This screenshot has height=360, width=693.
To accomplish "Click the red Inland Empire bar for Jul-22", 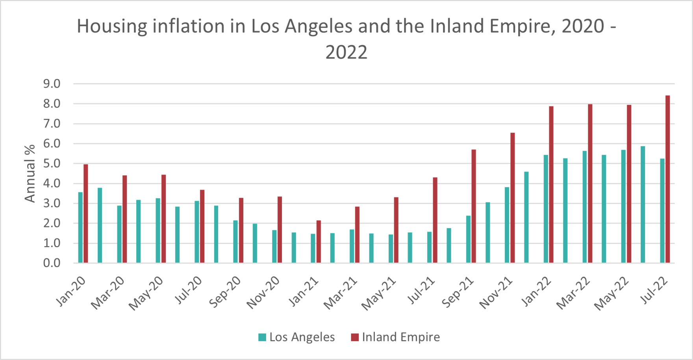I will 667,179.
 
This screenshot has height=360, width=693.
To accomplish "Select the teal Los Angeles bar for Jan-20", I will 80,227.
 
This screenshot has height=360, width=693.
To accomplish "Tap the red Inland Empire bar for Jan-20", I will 86,213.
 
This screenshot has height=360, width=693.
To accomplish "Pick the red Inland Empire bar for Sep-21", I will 474,206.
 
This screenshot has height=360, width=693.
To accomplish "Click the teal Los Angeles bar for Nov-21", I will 507,225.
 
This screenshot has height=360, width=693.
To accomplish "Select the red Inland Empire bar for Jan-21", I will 319,241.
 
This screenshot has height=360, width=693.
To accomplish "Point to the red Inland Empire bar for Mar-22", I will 590,184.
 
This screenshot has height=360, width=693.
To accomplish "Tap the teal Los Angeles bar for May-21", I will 391,249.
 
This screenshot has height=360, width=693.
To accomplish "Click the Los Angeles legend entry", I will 296,337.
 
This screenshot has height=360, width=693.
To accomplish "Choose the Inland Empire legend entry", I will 395,337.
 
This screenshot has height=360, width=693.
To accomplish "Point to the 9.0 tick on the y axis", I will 52,84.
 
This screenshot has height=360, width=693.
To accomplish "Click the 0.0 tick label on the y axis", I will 52,263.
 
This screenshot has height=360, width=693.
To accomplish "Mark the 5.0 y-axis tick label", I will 52,163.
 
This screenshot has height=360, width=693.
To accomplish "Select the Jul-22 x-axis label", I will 655,290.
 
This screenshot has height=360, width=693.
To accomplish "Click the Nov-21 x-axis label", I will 497,292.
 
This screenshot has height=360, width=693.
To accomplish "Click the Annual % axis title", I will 30,173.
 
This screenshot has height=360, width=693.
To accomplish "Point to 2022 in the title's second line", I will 346,52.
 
